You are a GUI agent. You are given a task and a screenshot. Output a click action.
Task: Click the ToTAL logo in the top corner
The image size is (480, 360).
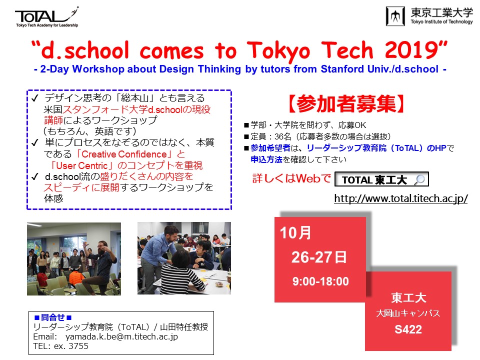coord(47,17)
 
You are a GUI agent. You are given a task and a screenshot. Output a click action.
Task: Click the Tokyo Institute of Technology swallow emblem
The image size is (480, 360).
coord(395,16)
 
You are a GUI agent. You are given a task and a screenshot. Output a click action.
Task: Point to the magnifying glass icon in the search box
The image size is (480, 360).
coord(419,179)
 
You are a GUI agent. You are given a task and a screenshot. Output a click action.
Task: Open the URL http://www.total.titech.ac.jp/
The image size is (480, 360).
coord(400,198)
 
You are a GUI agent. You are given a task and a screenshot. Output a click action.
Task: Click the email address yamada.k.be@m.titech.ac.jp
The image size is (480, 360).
coord(121,336)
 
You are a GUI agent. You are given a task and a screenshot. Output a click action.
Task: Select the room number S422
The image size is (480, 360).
coord(408,329)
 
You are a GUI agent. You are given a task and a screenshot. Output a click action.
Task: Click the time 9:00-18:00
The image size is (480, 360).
coord(320,281)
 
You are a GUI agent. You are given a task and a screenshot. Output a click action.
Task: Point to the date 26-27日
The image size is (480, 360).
coord(319,257)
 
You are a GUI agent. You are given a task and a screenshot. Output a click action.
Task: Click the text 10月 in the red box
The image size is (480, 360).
coord(295,232)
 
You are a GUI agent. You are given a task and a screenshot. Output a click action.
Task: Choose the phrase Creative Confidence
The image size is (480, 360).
coord(124,154)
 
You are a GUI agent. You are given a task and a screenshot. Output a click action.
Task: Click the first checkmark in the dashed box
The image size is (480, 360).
coord(35,98)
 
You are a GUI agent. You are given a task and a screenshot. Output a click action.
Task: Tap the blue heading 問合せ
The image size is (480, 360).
coord(53,317)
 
